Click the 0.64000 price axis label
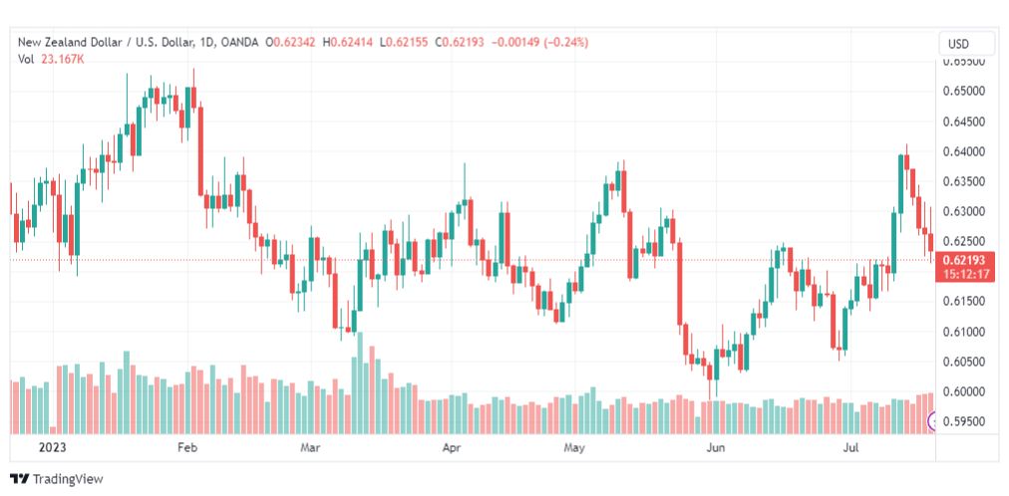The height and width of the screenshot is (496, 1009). [964, 151]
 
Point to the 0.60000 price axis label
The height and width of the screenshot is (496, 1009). [964, 391]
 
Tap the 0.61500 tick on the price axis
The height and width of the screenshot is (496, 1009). [964, 302]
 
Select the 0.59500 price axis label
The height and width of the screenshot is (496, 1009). [964, 421]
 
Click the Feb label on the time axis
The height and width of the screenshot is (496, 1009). [186, 447]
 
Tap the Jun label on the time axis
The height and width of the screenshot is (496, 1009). [715, 447]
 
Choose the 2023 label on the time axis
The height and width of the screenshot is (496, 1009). [52, 447]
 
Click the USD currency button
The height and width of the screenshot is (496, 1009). [958, 45]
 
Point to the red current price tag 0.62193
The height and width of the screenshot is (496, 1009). [963, 260]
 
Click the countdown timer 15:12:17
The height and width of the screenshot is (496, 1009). [963, 274]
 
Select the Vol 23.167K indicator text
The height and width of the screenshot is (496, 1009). [51, 59]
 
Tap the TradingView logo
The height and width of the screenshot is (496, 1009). [57, 479]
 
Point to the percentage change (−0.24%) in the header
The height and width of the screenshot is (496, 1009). [566, 43]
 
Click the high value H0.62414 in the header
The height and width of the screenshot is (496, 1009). [348, 43]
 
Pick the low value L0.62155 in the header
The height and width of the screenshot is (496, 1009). [404, 43]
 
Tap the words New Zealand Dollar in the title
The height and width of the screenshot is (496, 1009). [63, 43]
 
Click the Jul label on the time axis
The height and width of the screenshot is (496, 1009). [850, 447]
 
